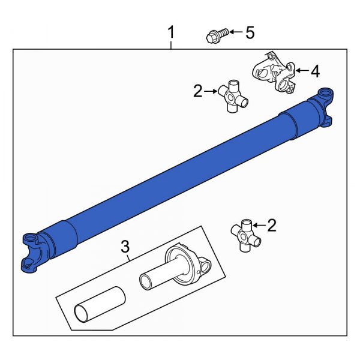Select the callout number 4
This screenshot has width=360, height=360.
(314, 71)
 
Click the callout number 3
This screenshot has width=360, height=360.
(125, 245)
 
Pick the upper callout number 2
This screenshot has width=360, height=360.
(198, 91)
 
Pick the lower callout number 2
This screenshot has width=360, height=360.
(271, 226)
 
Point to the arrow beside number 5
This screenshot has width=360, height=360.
(232, 32)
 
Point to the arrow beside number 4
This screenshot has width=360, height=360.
(299, 71)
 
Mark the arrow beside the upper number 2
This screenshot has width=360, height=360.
(211, 92)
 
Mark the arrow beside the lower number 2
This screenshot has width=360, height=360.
(259, 226)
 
